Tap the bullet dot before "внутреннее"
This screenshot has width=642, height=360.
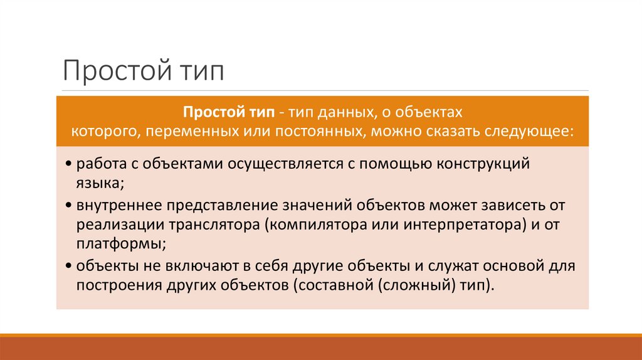[68, 206]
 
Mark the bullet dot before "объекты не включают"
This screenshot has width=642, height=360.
[68, 266]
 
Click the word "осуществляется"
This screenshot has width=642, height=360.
[278, 164]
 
